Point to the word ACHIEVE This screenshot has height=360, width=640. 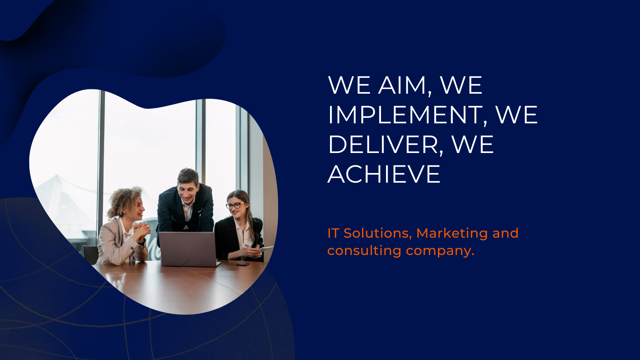coord(384,174)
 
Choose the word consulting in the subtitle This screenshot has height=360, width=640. coord(364,250)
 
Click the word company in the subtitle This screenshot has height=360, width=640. coord(440,251)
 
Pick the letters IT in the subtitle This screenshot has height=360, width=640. coord(333,233)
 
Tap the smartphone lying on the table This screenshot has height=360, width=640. coord(243,264)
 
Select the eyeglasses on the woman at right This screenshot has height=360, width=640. coord(235,205)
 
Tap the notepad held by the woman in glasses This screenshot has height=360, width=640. coord(266,249)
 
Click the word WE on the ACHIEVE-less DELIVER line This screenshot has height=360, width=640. coord(472,145)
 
